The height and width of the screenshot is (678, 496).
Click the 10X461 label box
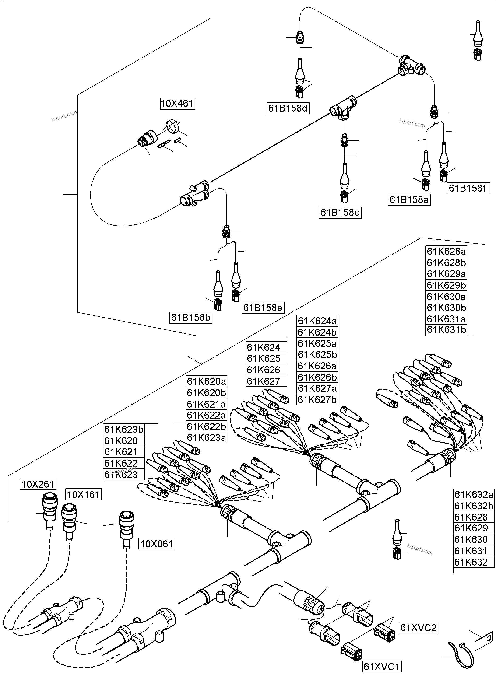point(177,104)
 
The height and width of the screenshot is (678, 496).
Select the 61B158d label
point(288,108)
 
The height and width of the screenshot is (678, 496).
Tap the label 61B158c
point(340,213)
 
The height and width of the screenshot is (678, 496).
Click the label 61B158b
point(191,318)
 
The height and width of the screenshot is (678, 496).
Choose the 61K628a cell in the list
point(446,252)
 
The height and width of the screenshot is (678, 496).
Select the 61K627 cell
point(263,381)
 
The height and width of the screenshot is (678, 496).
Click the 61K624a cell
point(317,321)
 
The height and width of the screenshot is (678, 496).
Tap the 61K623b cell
point(123,430)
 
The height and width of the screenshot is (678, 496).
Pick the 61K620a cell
point(206,381)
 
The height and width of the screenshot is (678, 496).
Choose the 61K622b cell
point(206,426)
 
